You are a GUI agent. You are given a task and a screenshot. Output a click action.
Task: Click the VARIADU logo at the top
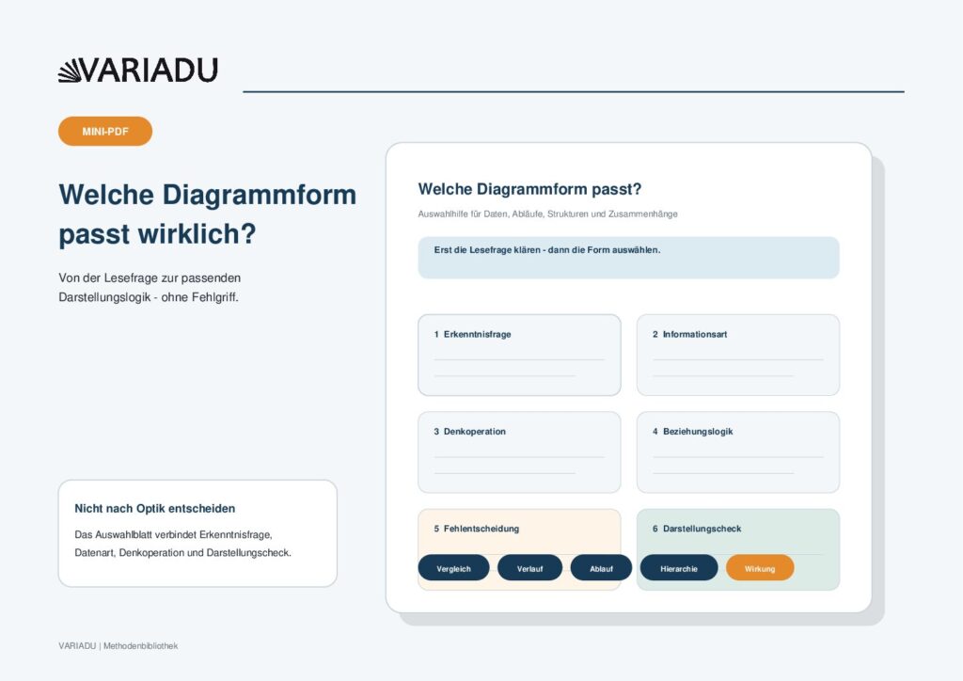137,70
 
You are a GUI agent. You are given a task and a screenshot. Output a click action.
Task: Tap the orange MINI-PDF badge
105,132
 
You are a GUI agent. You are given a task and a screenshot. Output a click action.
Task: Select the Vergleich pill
454,568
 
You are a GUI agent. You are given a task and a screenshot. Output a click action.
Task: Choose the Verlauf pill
529,568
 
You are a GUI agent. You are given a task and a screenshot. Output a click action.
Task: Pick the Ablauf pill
601,568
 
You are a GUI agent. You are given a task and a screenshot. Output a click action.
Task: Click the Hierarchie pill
679,568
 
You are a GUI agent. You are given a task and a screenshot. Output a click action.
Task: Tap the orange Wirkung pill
760,568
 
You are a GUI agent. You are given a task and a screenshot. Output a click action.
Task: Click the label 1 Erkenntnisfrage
472,334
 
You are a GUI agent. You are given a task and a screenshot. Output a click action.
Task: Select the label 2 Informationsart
689,334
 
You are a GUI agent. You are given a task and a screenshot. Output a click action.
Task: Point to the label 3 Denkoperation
470,431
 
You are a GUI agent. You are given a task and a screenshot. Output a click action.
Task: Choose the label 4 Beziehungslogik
693,431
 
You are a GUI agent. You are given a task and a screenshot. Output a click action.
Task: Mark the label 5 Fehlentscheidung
477,528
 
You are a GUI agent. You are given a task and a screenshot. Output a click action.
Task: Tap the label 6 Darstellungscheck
697,528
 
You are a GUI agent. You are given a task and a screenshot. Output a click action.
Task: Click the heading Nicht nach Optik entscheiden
155,509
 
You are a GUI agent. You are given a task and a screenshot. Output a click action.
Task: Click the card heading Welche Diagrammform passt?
529,189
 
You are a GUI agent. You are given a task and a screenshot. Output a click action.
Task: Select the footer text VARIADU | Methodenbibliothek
118,646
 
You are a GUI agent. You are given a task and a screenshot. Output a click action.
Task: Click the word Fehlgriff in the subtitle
215,297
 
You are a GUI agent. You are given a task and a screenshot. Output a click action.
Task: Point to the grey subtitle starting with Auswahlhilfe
548,214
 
